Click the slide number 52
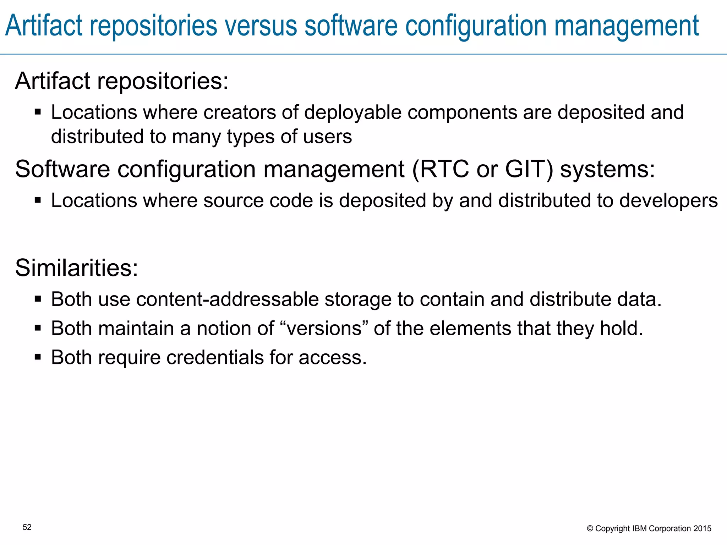point(27,527)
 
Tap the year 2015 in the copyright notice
point(703,529)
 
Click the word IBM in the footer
point(640,529)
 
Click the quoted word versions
point(324,328)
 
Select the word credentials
point(215,357)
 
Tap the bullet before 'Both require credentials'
point(38,357)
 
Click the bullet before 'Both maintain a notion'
point(38,327)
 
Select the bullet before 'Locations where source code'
point(38,200)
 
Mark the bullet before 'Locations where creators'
point(38,112)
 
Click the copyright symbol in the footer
point(590,529)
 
